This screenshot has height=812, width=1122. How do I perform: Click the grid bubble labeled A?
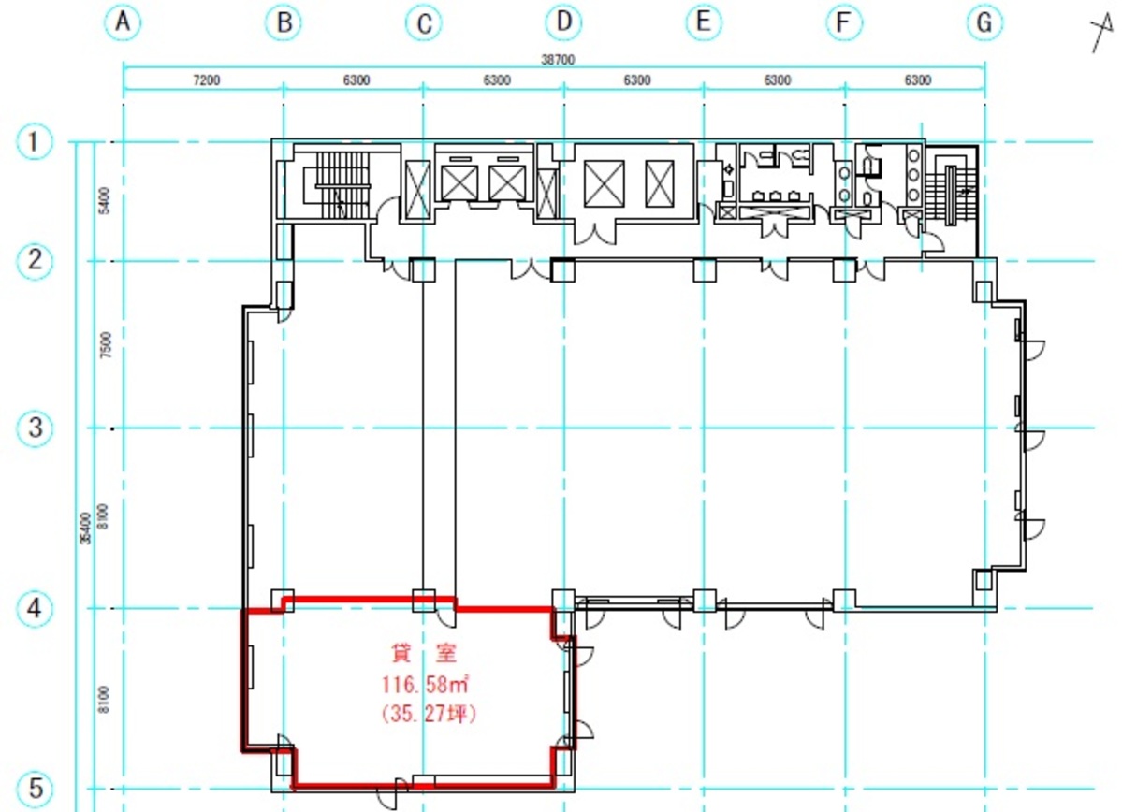[124, 22]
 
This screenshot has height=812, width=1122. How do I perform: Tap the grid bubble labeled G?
[984, 22]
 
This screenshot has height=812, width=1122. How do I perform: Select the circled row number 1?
[34, 141]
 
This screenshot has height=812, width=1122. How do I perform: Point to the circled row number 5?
[34, 789]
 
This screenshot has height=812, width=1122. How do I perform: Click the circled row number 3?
[34, 428]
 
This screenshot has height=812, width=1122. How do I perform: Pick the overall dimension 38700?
[558, 59]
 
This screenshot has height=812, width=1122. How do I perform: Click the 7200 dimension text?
[206, 80]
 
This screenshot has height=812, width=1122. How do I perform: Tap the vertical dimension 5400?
[105, 200]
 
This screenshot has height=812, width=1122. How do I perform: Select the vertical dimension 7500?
[105, 345]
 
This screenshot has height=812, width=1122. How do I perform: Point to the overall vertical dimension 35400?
[85, 528]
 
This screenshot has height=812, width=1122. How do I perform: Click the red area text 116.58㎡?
[425, 685]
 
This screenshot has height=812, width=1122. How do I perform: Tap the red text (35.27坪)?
[429, 713]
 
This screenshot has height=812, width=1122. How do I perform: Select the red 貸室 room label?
[424, 652]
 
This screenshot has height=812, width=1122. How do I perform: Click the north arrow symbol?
[1102, 32]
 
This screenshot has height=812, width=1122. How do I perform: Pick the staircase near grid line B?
[342, 184]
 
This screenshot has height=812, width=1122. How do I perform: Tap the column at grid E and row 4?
[704, 601]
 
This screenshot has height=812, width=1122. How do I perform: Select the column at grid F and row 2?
[844, 269]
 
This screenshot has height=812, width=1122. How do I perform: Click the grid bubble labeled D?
[564, 22]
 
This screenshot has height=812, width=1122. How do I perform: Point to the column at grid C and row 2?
[423, 269]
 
